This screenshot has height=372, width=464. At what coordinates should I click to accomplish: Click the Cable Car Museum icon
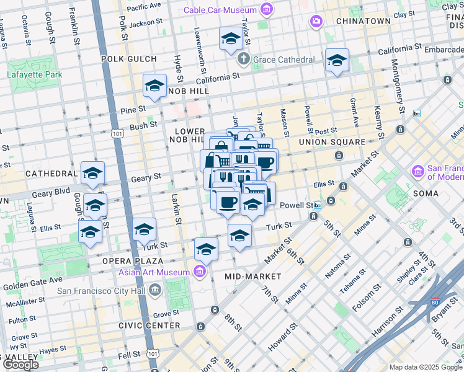266,9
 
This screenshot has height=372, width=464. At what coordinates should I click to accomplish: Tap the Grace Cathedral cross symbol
243,59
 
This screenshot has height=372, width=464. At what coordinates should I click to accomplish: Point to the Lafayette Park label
35,75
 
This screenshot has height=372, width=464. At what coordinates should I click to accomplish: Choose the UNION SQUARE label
332,142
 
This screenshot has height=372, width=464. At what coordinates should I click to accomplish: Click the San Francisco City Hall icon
171,289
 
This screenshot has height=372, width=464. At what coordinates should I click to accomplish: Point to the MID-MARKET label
252,276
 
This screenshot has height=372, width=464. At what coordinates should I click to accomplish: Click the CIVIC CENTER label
154,325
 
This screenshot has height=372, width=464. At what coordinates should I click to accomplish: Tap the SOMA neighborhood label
424,193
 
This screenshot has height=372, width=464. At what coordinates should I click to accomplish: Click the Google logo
20,364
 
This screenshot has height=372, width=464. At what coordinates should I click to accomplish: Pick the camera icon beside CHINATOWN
317,22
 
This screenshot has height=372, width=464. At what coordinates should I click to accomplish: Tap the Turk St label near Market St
279,228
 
